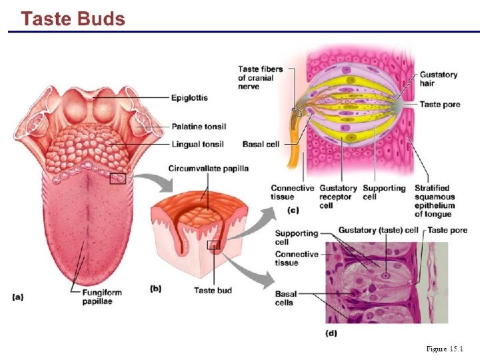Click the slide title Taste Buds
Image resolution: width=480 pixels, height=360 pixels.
73,19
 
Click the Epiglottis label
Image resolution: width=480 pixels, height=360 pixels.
189,97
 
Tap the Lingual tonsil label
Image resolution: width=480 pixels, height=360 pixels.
197,144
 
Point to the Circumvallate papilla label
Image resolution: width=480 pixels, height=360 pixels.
208,168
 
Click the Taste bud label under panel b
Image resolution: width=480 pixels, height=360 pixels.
213,290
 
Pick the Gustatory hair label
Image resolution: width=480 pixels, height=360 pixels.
438,79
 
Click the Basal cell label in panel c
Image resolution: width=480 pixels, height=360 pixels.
260,144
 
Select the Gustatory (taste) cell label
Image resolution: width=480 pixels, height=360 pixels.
379,230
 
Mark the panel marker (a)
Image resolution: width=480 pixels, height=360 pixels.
18,297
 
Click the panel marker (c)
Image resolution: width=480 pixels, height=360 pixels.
292,210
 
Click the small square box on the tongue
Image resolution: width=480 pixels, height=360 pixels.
118,178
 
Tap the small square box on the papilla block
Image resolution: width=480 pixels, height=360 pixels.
213,245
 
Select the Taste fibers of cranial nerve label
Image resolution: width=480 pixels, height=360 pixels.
260,77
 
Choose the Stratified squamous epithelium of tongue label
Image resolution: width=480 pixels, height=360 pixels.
435,201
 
